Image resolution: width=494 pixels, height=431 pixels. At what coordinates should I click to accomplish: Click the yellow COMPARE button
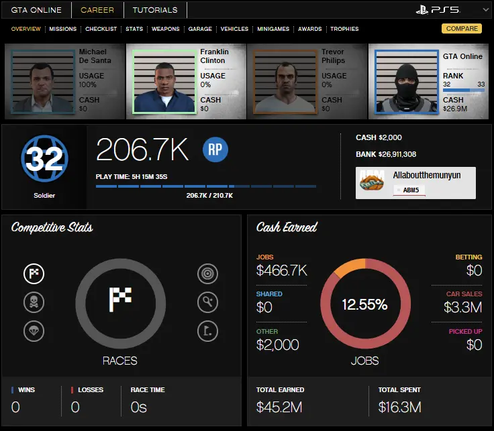pos(462,29)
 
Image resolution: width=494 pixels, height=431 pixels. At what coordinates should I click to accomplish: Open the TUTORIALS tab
pos(155,10)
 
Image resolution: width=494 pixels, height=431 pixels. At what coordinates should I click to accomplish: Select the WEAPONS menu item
pos(166,29)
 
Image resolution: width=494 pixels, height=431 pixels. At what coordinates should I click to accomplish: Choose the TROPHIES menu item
pos(344,29)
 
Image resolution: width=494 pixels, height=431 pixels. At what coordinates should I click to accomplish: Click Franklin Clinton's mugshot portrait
pos(164,81)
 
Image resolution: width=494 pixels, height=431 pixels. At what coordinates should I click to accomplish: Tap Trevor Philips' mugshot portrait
pos(285,81)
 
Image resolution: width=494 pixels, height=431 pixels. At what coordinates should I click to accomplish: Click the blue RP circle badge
pos(215,150)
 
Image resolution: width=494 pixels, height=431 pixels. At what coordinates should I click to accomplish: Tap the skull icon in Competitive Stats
pos(34,302)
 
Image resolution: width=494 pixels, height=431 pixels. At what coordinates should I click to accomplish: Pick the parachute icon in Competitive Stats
pos(34,330)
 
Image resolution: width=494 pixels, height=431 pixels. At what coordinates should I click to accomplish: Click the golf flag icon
pos(207,330)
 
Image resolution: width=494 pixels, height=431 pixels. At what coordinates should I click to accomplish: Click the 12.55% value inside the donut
pos(364,304)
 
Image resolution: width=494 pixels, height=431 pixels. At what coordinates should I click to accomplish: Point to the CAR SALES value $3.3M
pos(463,308)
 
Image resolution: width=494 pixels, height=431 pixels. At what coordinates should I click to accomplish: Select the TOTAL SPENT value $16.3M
pos(399,407)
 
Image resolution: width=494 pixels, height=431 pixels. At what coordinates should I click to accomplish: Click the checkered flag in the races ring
pos(120,298)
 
